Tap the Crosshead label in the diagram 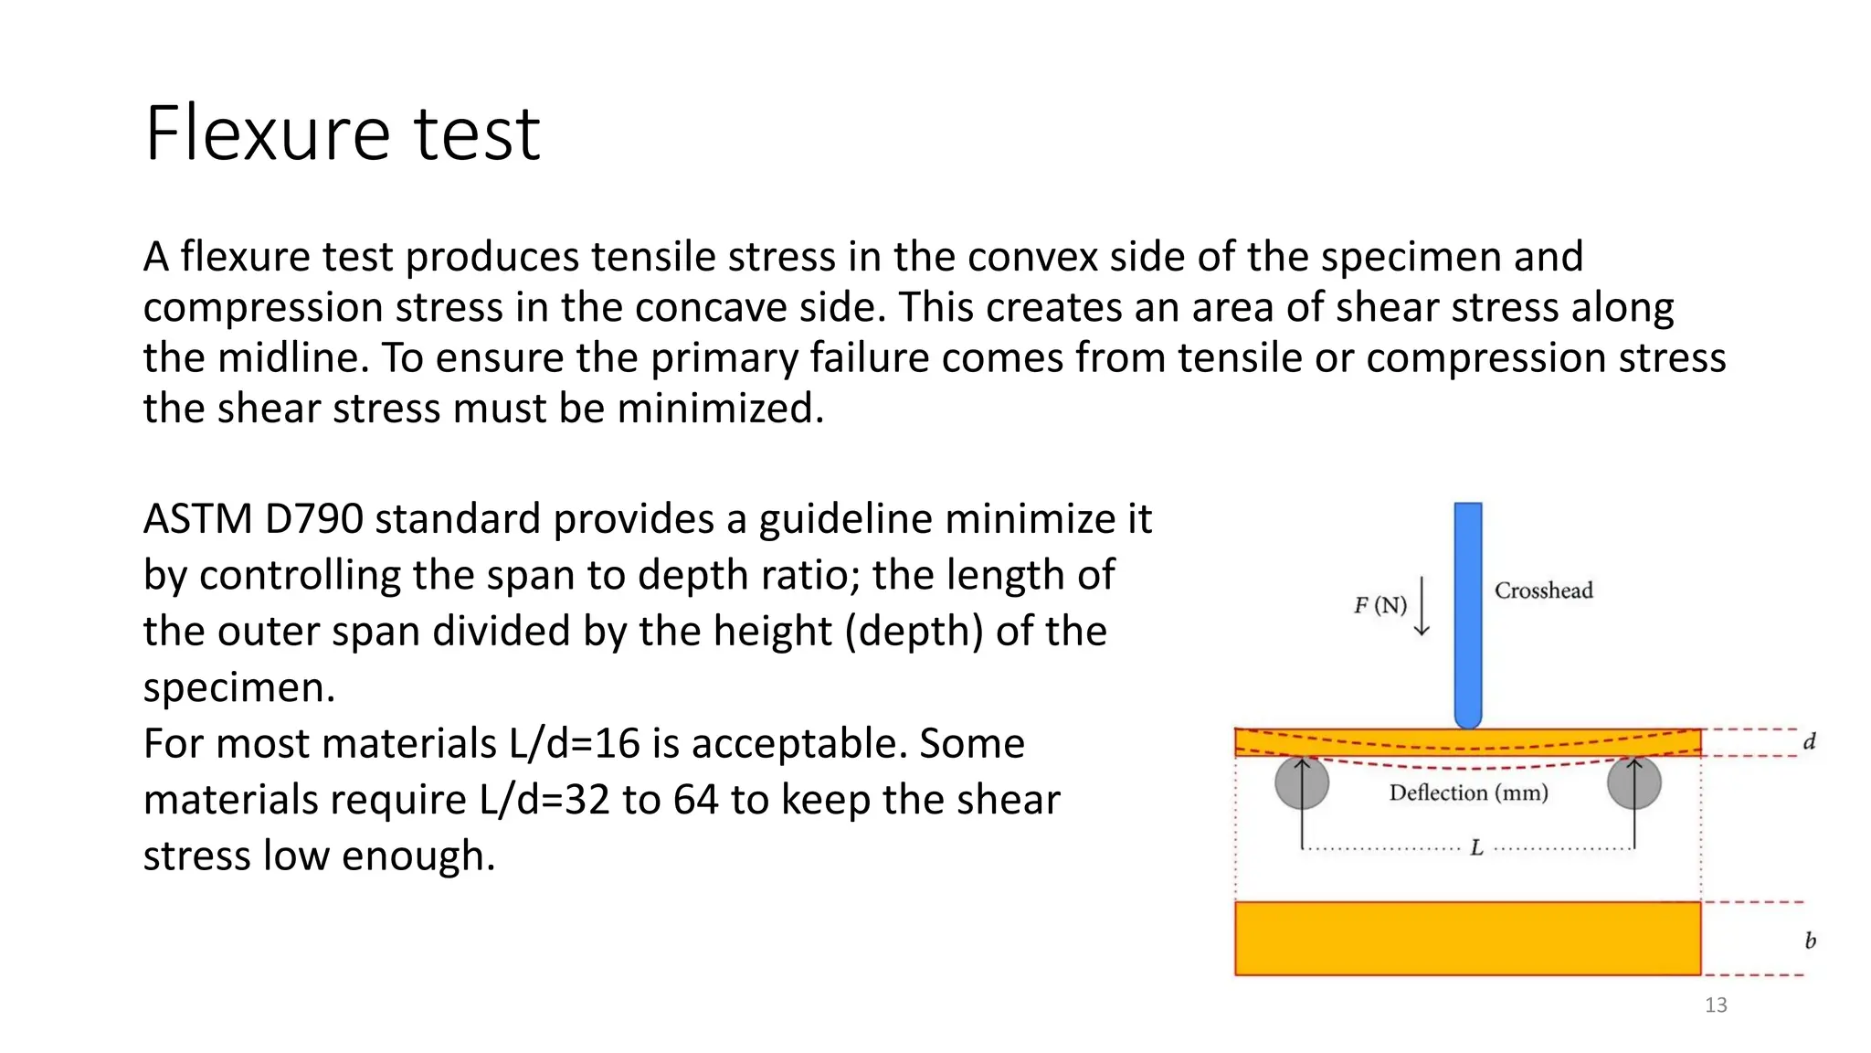(x=1543, y=590)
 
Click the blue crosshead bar (x=1467, y=612)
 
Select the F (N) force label (x=1379, y=605)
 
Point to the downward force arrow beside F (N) (x=1422, y=605)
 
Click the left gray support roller (x=1302, y=783)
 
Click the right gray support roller (x=1633, y=783)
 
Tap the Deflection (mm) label (x=1468, y=792)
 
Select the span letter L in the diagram (x=1476, y=848)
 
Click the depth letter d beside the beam (x=1809, y=741)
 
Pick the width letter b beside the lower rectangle (x=1810, y=941)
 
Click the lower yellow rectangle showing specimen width (x=1467, y=939)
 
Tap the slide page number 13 (x=1716, y=1005)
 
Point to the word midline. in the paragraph (x=292, y=357)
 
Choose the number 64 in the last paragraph (x=695, y=800)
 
